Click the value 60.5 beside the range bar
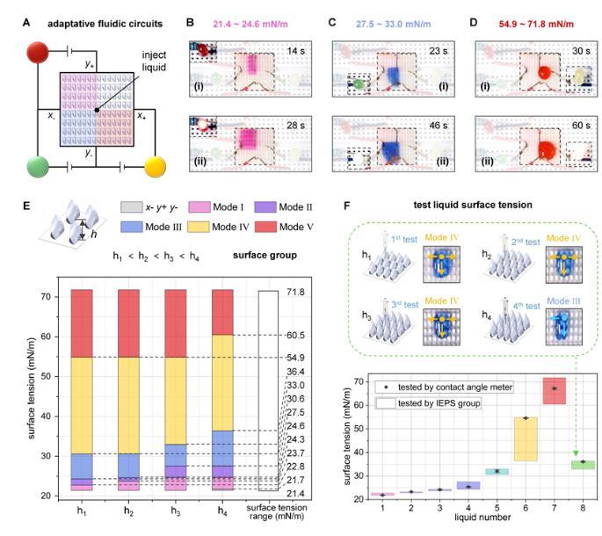point(294,336)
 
